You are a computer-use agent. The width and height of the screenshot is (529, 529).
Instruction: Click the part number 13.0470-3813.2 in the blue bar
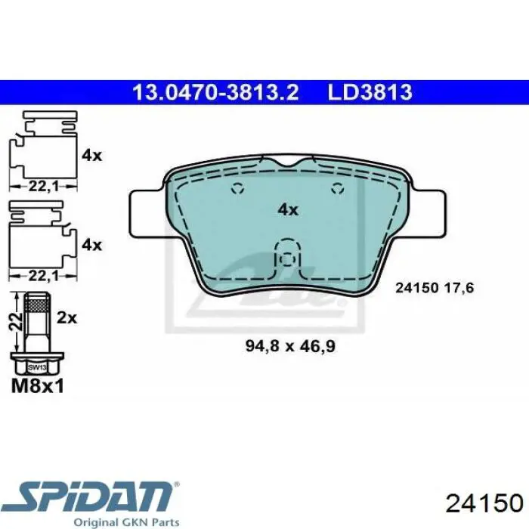(215, 92)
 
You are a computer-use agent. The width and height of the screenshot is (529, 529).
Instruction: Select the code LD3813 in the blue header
(370, 92)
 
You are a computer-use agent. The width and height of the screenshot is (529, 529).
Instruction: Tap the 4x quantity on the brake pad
(288, 210)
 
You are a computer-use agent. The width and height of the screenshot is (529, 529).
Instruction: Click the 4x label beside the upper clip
(91, 156)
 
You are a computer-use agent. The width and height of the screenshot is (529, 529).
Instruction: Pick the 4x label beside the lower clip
(91, 245)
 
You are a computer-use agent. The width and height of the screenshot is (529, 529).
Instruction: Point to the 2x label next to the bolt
(67, 318)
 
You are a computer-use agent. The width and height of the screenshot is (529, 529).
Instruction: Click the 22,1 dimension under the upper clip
(44, 186)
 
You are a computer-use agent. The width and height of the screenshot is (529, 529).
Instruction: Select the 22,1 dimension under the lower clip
(44, 276)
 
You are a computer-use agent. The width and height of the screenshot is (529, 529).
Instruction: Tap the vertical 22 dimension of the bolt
(16, 321)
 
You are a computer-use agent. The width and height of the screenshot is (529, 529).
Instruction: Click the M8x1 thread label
(38, 386)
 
